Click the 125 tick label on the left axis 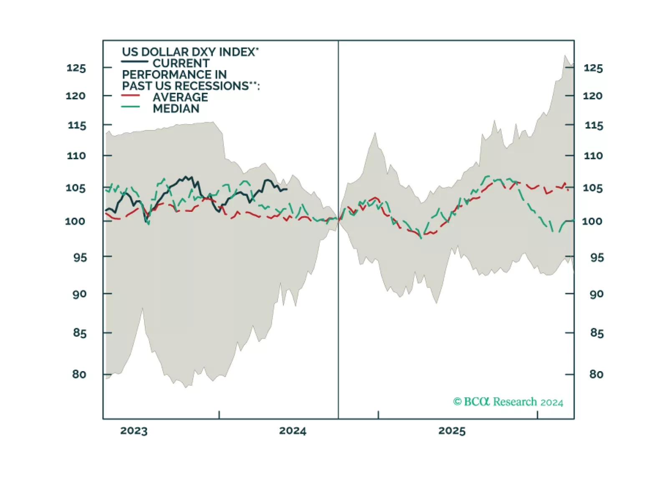(76, 68)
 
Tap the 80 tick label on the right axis (596, 374)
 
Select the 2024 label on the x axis (293, 431)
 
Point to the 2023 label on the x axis (134, 431)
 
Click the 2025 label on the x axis (452, 431)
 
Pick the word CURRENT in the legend (181, 63)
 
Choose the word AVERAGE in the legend (180, 97)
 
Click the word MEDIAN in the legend (176, 108)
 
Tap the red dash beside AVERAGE (130, 96)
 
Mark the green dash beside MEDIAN (130, 107)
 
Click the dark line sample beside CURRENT (134, 62)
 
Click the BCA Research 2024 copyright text (508, 402)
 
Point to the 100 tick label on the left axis (75, 221)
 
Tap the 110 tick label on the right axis (593, 156)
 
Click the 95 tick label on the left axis (80, 257)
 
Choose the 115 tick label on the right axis (594, 126)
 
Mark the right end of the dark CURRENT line (287, 189)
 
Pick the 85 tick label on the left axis (79, 333)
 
